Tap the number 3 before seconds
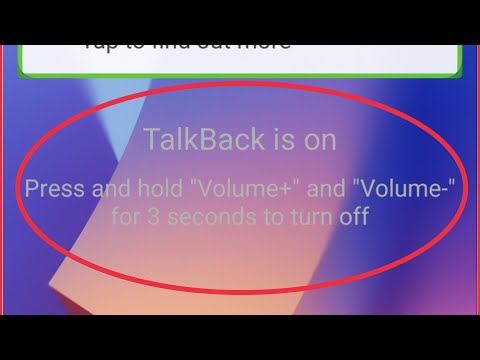point(151,216)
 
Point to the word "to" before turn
point(255,216)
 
